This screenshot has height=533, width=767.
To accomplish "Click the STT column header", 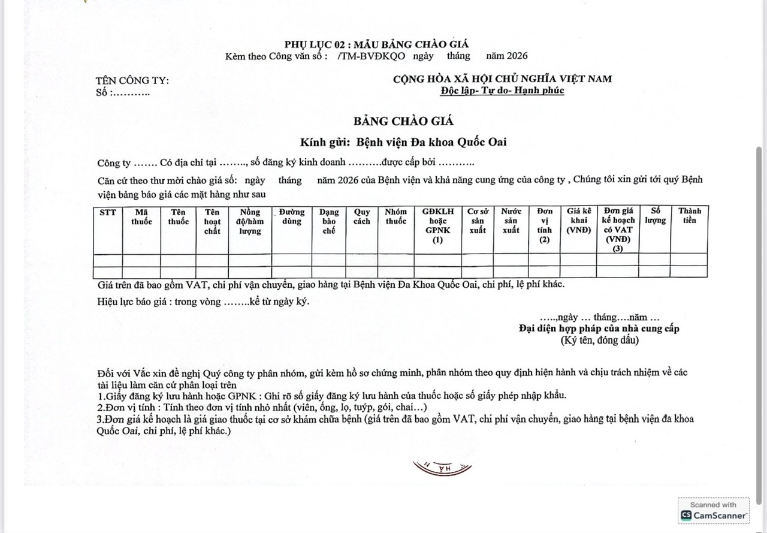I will pyautogui.click(x=108, y=212).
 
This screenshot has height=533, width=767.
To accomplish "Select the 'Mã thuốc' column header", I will pyautogui.click(x=141, y=216).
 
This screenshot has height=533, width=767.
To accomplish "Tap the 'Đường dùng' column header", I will pyautogui.click(x=291, y=216).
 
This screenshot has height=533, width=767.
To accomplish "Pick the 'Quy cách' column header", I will pyautogui.click(x=361, y=216).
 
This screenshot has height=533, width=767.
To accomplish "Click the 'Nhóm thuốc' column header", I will pyautogui.click(x=395, y=216).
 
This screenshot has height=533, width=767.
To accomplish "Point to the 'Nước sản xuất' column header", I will pyautogui.click(x=511, y=221).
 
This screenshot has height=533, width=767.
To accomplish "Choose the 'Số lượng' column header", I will pyautogui.click(x=655, y=216).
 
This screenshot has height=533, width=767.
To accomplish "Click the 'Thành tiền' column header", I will pyautogui.click(x=689, y=216).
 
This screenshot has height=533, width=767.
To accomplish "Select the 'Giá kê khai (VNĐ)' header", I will pyautogui.click(x=579, y=221).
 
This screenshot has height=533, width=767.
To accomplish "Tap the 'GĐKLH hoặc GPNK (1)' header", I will pyautogui.click(x=437, y=225).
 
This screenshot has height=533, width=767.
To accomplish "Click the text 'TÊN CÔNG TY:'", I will pyautogui.click(x=132, y=81).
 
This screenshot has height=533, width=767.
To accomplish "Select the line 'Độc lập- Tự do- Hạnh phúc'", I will pyautogui.click(x=502, y=91).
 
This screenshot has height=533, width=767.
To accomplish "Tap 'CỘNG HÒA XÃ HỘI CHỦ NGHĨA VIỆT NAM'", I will pyautogui.click(x=502, y=79).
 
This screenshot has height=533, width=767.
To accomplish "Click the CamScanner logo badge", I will pyautogui.click(x=714, y=511).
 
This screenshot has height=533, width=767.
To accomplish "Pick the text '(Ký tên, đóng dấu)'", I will pyautogui.click(x=599, y=340).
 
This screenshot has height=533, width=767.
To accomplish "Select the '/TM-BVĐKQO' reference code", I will pyautogui.click(x=371, y=56).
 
